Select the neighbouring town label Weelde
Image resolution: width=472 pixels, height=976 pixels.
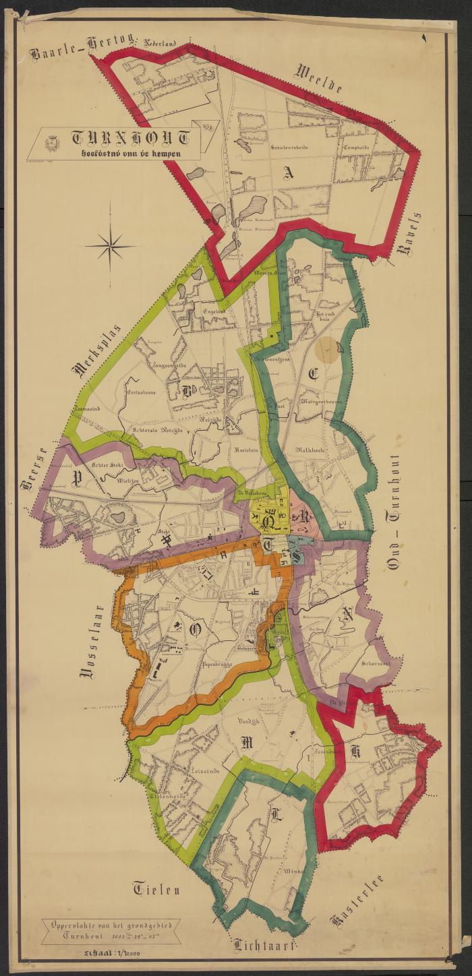[x=320, y=78]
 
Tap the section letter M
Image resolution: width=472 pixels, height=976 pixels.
[x=246, y=742]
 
